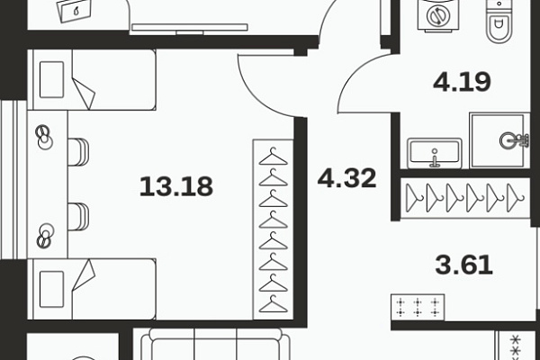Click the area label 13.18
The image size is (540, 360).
pyautogui.click(x=176, y=186)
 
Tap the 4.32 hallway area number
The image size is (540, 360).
pyautogui.click(x=346, y=178)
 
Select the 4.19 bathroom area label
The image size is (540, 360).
pyautogui.click(x=462, y=82)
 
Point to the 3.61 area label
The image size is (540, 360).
pyautogui.click(x=463, y=265)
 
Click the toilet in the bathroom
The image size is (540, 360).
pyautogui.click(x=499, y=22)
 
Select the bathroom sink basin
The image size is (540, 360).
pyautogui.click(x=435, y=153)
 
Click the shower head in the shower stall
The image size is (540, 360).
pyautogui.click(x=513, y=140)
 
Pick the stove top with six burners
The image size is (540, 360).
pyautogui.click(x=418, y=308)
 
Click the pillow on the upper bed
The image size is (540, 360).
pyautogui.click(x=51, y=79)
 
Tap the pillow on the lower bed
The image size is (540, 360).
pyautogui.click(x=51, y=290)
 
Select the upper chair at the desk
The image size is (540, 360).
pyautogui.click(x=78, y=152)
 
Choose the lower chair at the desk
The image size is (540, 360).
pyautogui.click(x=78, y=217)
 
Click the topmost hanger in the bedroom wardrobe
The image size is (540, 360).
pyautogui.click(x=273, y=157)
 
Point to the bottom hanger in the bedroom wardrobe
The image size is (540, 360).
pyautogui.click(x=273, y=304)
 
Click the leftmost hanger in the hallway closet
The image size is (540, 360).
pyautogui.click(x=414, y=198)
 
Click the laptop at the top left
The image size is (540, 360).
pyautogui.click(x=76, y=11)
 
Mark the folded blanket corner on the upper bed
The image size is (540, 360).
pyautogui.click(x=85, y=94)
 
